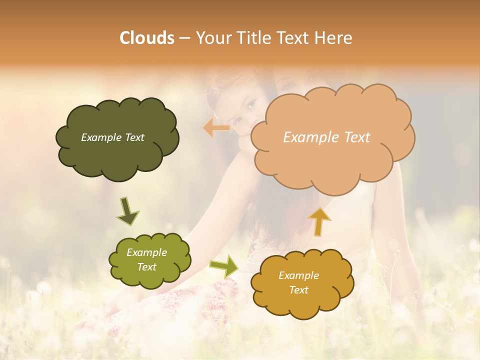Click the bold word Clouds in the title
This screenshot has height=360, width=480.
[147, 38]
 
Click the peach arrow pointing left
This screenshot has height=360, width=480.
[216, 128]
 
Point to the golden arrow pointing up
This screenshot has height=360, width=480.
[319, 221]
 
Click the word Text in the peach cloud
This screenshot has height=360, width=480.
[355, 137]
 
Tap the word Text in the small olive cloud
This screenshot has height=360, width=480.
[147, 267]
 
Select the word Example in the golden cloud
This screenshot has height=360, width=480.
[298, 275]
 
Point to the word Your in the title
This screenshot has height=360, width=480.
[212, 38]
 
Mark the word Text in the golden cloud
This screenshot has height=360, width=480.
[298, 290]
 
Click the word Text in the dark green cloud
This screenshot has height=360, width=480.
[134, 137]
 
